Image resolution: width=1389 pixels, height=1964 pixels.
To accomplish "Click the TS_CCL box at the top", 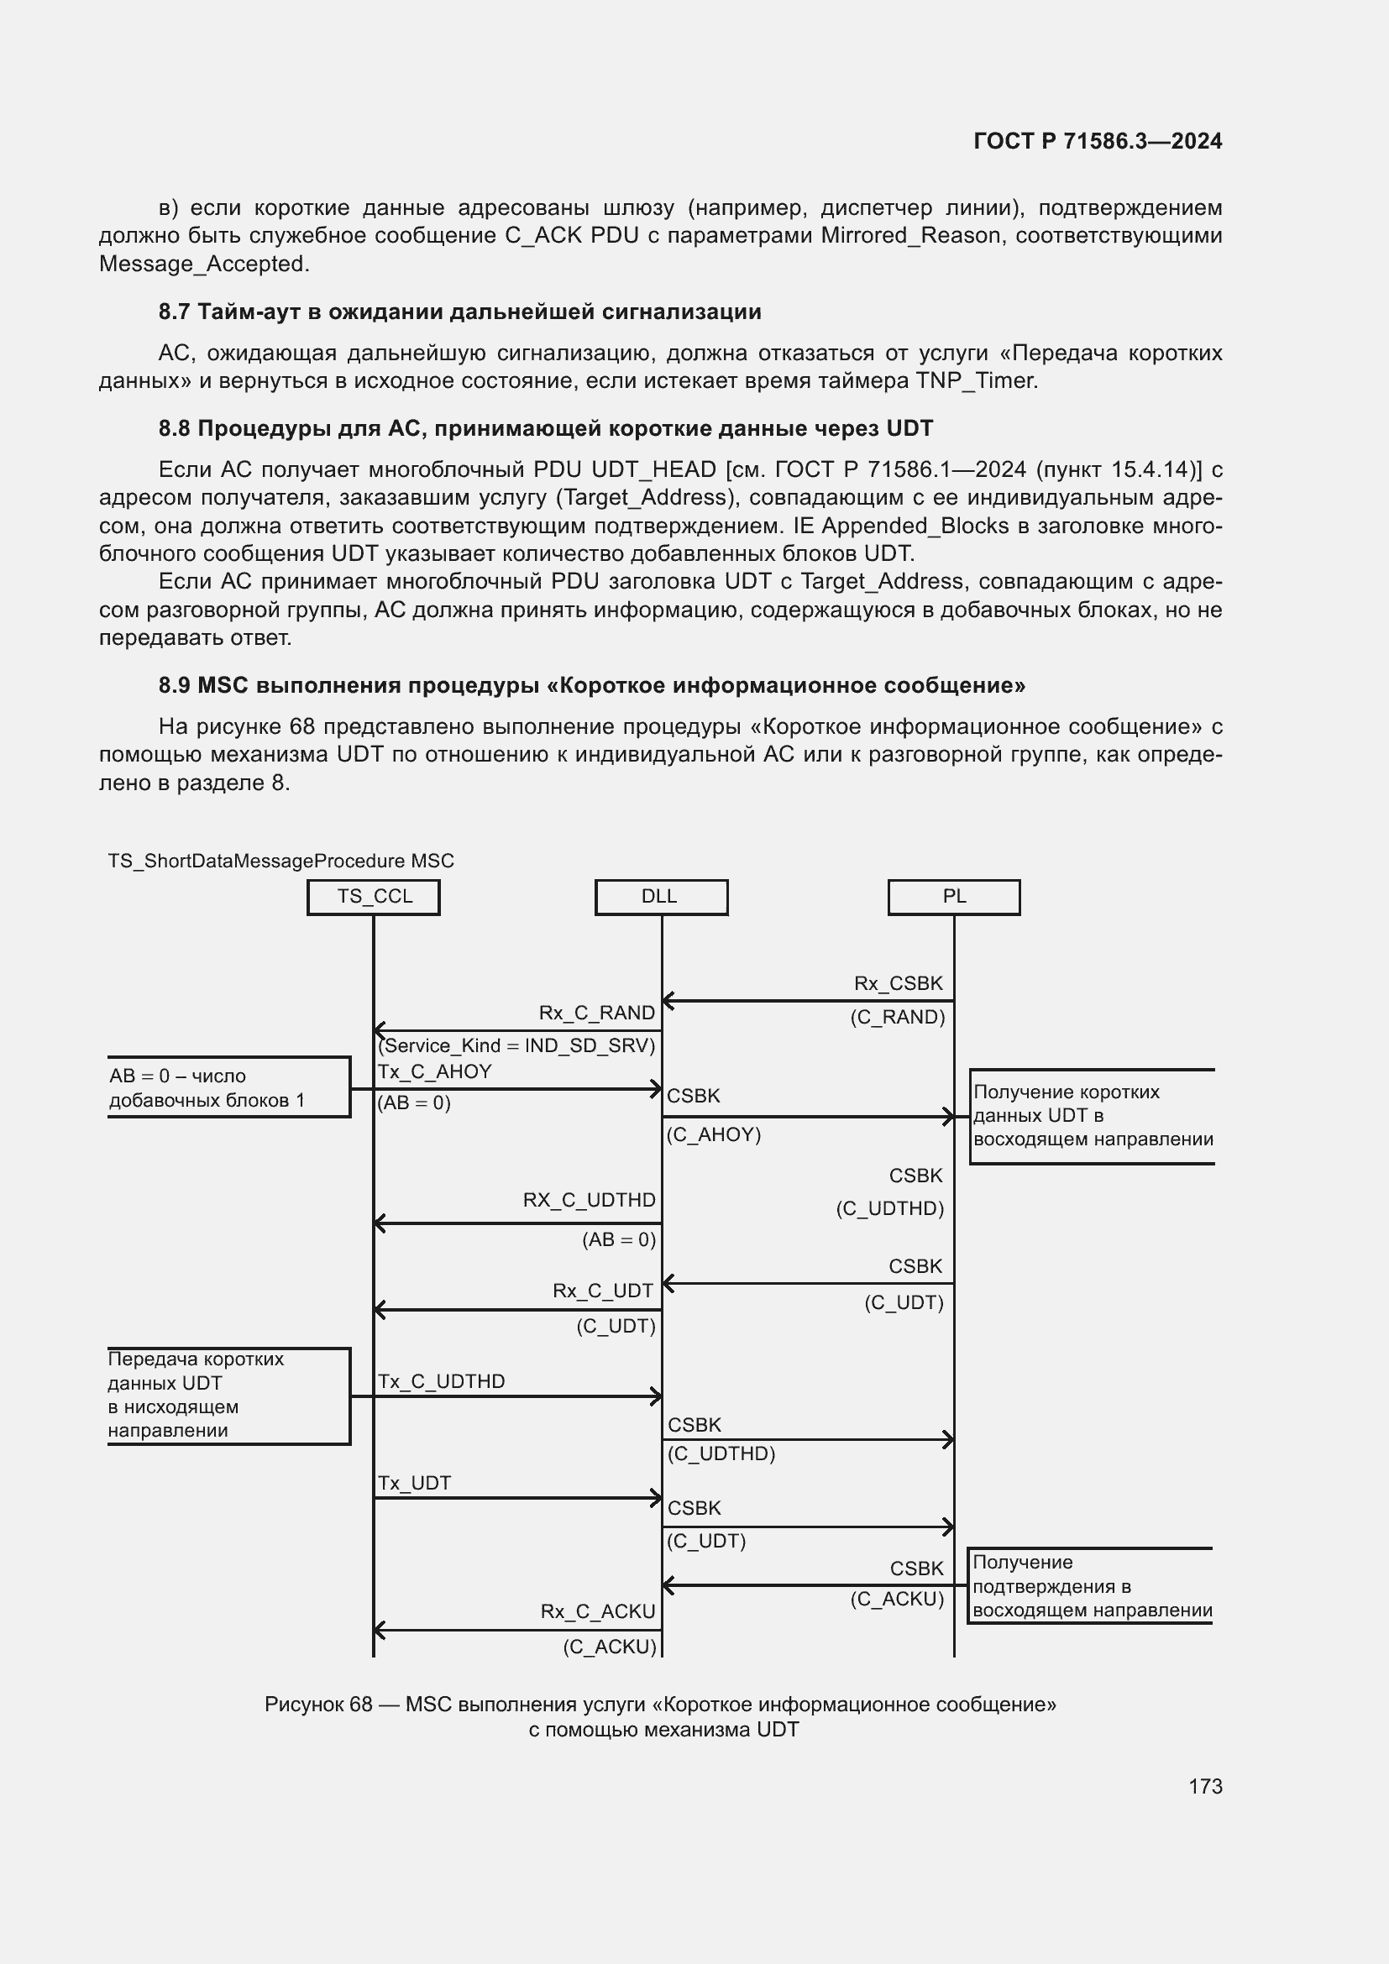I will [374, 897].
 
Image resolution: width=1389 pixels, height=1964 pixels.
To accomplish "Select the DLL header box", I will [660, 897].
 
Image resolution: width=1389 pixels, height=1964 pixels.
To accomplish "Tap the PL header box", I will [954, 897].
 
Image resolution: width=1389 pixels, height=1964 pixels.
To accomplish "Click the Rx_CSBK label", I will [897, 984].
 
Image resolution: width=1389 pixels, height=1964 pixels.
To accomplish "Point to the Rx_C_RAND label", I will [596, 1013].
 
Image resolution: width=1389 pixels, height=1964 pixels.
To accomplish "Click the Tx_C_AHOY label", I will [434, 1071].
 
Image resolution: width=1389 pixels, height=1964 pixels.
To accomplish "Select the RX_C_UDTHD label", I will [589, 1200].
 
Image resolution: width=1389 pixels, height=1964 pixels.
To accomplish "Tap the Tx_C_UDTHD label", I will [442, 1381].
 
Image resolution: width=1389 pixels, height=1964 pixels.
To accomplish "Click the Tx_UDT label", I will [414, 1483].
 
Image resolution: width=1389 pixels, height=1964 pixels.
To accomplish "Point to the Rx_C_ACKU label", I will [597, 1611].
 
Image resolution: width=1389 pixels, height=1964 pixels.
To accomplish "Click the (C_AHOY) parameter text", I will [713, 1135].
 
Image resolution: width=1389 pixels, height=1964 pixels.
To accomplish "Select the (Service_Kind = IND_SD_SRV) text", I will [516, 1045].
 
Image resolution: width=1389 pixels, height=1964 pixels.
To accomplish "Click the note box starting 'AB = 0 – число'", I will [228, 1087].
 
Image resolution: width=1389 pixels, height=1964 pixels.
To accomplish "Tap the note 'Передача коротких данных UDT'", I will [228, 1396].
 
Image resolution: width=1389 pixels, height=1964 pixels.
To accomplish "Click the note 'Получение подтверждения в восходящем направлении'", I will [1092, 1586].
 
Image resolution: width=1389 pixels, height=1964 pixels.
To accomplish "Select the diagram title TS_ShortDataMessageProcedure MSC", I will [280, 861].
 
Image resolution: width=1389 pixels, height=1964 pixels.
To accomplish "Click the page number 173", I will [1204, 1786].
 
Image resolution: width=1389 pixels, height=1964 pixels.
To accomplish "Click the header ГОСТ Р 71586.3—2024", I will [1098, 141].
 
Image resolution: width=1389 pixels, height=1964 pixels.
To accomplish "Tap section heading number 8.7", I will [174, 312].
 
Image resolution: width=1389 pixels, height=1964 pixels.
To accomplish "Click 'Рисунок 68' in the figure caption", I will [318, 1704].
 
